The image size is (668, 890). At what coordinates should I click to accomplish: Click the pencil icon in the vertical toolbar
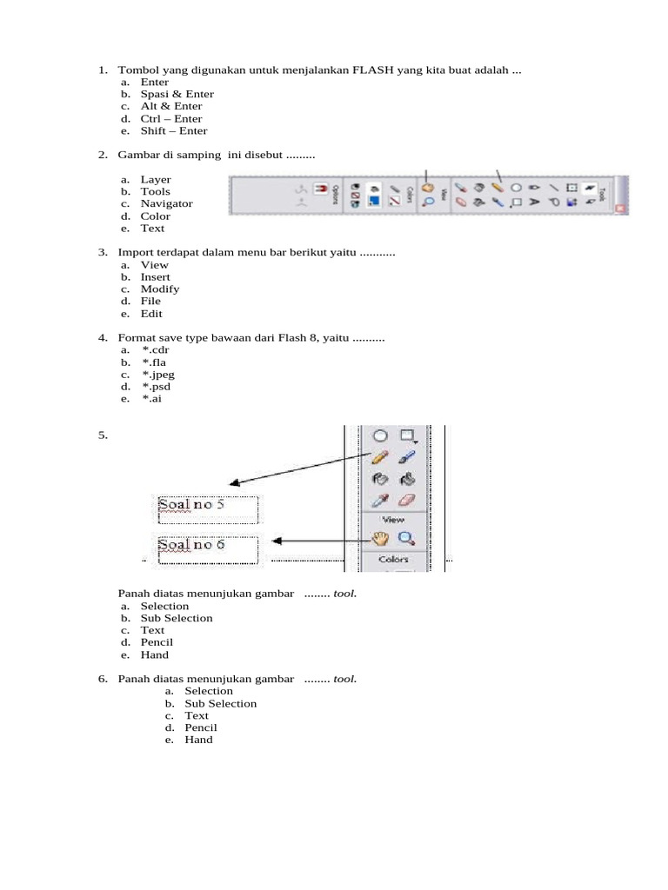(x=379, y=456)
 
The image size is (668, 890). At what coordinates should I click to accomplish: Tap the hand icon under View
(x=379, y=538)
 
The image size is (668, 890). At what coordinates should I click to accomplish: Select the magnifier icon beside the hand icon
(x=406, y=539)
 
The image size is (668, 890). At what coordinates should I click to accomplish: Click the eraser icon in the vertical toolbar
(x=406, y=501)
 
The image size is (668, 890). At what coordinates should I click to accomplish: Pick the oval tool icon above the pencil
(x=380, y=435)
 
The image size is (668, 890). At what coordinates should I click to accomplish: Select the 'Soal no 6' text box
(x=208, y=549)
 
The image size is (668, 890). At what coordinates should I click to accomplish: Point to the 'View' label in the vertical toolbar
(x=393, y=520)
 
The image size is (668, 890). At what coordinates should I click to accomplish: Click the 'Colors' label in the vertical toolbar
(x=393, y=560)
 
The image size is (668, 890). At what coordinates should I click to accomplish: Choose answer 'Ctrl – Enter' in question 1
(x=171, y=119)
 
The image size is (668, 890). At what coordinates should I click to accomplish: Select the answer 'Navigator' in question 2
(x=167, y=204)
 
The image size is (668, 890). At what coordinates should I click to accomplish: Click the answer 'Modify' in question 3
(x=160, y=289)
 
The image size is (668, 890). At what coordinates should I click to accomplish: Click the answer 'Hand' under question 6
(x=198, y=741)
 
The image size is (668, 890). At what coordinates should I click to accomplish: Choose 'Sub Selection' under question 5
(x=177, y=619)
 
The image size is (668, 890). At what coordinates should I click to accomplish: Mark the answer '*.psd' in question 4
(x=156, y=387)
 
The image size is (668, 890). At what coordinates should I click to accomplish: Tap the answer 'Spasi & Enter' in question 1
(x=177, y=94)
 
